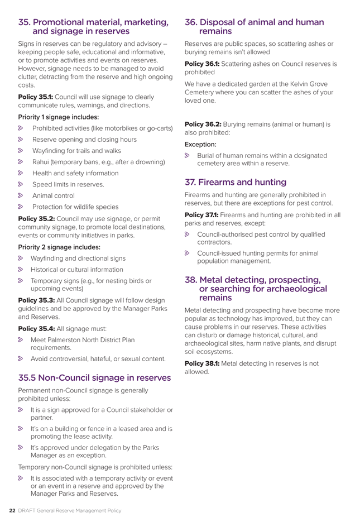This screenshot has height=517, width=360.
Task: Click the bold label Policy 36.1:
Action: point(203,64)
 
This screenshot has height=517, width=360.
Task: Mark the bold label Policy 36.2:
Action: point(203,124)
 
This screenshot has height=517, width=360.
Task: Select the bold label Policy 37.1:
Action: point(202,214)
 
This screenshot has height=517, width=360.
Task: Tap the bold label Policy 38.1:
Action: point(203,364)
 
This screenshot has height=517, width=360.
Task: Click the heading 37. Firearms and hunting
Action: point(236,182)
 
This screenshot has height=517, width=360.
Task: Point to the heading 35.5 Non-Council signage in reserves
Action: point(94,377)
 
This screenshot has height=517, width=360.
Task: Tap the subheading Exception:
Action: point(201,143)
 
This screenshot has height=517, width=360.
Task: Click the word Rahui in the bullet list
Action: point(41,162)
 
